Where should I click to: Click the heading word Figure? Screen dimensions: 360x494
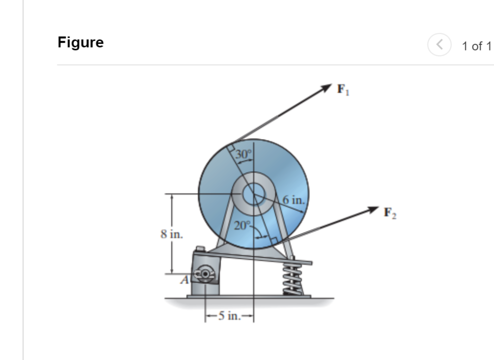pyautogui.click(x=81, y=43)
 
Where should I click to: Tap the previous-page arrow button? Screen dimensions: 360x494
pyautogui.click(x=439, y=46)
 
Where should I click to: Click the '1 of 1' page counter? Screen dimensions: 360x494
pyautogui.click(x=476, y=46)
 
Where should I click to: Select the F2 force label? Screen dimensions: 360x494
pyautogui.click(x=391, y=214)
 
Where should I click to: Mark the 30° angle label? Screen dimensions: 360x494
pyautogui.click(x=244, y=154)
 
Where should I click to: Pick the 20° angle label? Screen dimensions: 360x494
pyautogui.click(x=242, y=226)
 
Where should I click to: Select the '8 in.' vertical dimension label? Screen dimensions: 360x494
pyautogui.click(x=171, y=233)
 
